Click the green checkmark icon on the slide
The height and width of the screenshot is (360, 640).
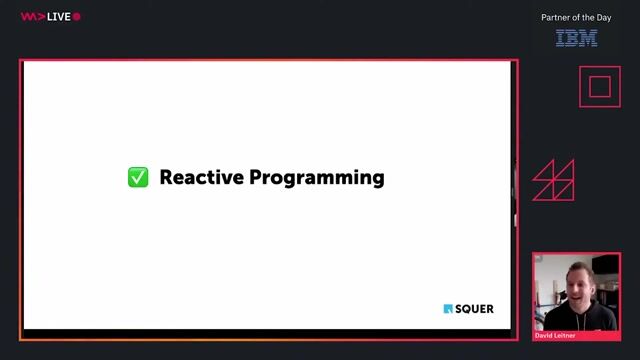coord(138,178)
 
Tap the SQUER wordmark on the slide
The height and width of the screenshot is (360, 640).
coord(475,309)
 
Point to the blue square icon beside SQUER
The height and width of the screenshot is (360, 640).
coord(448,309)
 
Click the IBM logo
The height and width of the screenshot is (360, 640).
coord(576,38)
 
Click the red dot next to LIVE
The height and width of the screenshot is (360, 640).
coord(77,17)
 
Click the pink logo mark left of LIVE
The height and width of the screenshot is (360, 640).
coord(32,17)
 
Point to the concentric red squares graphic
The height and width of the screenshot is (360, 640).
coord(599,86)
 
